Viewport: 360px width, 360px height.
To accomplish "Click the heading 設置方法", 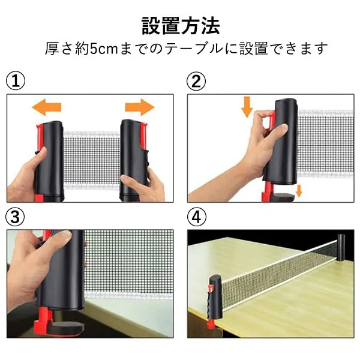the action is (181, 26).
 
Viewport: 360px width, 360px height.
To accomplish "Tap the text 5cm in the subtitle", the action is (104, 49).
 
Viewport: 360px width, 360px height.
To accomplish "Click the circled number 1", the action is (16, 81).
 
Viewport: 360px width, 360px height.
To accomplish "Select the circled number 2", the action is (196, 81).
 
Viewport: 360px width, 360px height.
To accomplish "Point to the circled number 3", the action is (15, 217).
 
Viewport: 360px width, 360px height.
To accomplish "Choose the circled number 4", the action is (197, 217).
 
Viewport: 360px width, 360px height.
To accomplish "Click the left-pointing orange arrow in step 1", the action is (47, 107).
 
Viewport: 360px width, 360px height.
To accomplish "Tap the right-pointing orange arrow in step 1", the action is (140, 107).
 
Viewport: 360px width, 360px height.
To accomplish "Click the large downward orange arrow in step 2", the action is (247, 107).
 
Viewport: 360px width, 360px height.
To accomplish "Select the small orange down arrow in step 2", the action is (299, 191).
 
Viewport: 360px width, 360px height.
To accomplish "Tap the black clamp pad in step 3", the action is (67, 327).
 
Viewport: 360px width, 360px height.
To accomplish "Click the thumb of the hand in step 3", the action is (55, 239).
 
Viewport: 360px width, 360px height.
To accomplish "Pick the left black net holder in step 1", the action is (49, 161).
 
